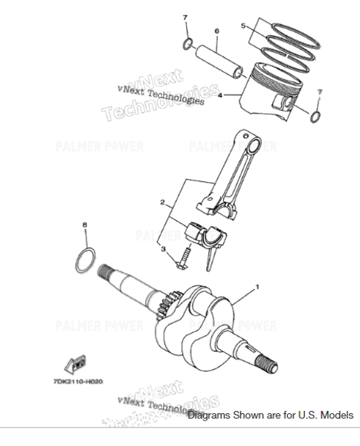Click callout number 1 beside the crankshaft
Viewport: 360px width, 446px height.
(258, 286)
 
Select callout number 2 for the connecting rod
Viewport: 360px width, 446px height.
(162, 202)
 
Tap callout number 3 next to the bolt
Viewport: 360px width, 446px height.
(163, 250)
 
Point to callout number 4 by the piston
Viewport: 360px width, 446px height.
(220, 95)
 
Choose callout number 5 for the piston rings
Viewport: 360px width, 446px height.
(242, 25)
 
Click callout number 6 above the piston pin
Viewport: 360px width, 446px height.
(216, 31)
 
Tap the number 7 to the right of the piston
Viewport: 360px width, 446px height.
(320, 91)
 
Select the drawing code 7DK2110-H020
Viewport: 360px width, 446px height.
(80, 381)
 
